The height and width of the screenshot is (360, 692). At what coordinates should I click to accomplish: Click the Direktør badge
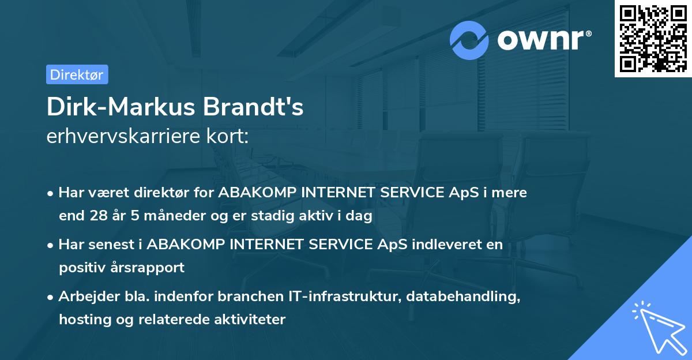pyautogui.click(x=77, y=74)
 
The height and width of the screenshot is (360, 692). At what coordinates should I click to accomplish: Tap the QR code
pyautogui.click(x=653, y=39)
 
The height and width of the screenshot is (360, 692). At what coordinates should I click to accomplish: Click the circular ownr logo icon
pyautogui.click(x=469, y=40)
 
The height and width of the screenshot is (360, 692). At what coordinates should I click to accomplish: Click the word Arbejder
pyautogui.click(x=85, y=297)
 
